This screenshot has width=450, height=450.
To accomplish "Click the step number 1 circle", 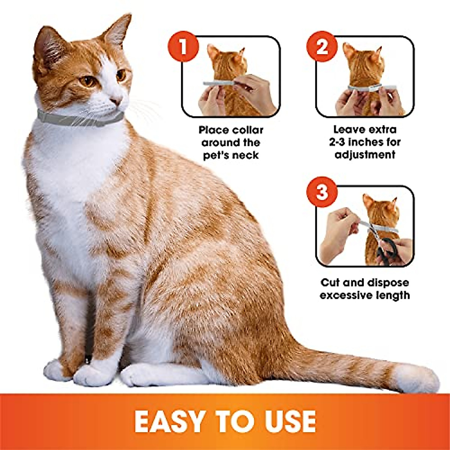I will click(183, 48).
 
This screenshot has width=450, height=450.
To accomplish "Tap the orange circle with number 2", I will click(322, 48).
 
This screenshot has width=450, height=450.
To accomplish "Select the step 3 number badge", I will click(322, 193).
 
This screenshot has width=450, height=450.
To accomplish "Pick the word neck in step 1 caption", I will click(246, 155).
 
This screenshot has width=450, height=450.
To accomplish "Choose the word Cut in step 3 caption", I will click(331, 283).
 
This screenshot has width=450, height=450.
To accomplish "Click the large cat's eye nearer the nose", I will click(121, 75).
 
